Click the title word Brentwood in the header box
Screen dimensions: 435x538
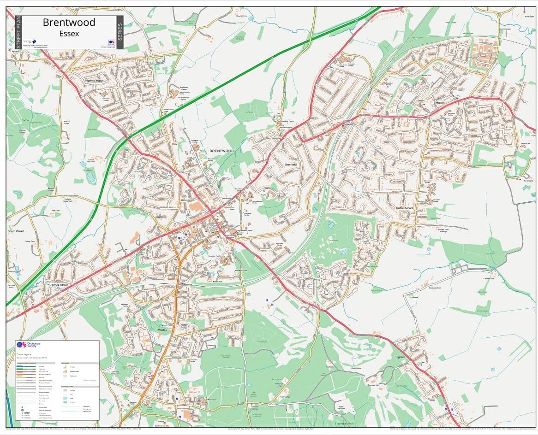pos(69,22)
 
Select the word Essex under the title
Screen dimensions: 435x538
pos(69,33)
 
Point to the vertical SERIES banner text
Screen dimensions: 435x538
pos(120,32)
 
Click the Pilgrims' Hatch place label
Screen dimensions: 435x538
pos(94,81)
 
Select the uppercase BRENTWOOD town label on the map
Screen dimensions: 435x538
pos(221,151)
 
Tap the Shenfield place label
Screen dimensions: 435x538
pos(290,165)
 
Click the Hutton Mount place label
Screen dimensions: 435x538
pos(405,208)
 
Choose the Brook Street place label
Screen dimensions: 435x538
pos(60,285)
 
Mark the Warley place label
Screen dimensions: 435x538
pos(162,330)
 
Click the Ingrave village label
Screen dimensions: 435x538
pos(400,357)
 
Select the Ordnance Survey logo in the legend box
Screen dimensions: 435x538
pos(29,345)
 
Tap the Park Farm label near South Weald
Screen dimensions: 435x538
pos(55,211)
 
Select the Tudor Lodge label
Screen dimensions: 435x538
pos(284,397)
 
